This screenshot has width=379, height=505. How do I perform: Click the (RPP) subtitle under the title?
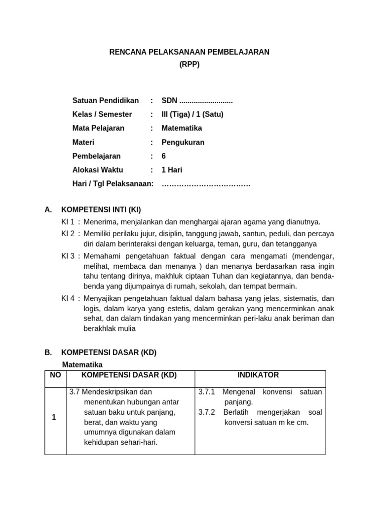[189, 64]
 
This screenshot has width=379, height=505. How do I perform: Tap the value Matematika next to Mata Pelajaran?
[182, 128]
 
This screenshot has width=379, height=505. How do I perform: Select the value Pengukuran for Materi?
[183, 143]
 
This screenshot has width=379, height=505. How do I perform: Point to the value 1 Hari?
[172, 170]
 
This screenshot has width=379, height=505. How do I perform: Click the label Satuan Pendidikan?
[106, 101]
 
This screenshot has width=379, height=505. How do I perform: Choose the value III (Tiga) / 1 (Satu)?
[192, 114]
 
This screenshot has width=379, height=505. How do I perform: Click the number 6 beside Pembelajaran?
[164, 156]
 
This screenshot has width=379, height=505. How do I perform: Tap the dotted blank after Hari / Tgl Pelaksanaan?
[206, 184]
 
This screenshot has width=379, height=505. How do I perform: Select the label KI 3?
[68, 256]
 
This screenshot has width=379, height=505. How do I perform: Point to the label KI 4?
[68, 298]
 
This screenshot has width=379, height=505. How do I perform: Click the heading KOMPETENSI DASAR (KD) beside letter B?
[109, 353]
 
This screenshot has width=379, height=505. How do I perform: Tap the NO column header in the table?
[56, 375]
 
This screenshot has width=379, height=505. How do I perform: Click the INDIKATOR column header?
[258, 375]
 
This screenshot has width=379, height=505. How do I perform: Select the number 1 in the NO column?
[54, 417]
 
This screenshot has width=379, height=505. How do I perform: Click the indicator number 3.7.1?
[207, 392]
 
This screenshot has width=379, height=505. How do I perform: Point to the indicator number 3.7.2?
[207, 412]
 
